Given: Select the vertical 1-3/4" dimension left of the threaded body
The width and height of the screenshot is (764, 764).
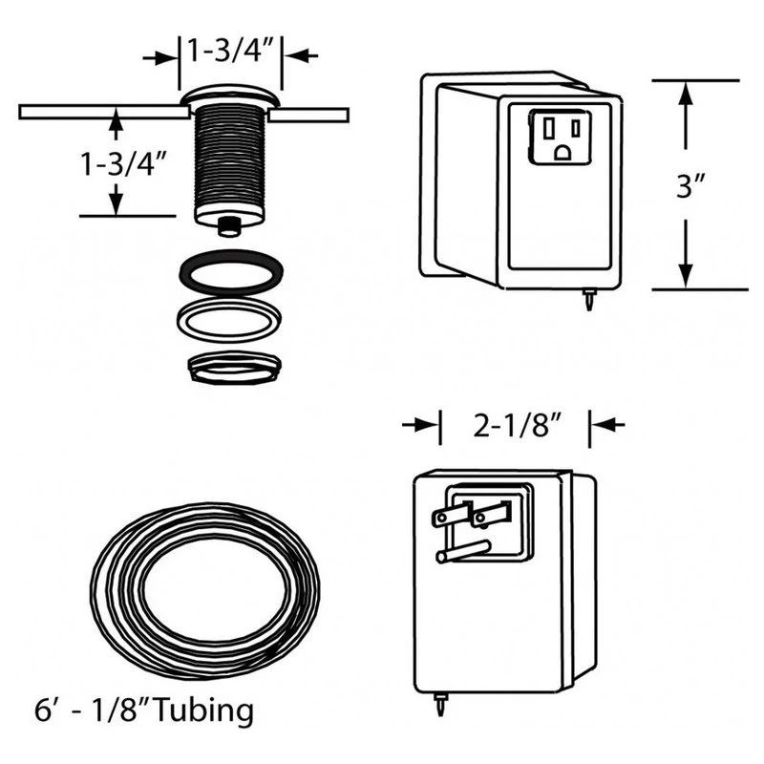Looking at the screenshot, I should tap(123, 163).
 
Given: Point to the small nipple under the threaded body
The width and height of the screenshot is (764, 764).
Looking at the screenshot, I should tap(230, 225).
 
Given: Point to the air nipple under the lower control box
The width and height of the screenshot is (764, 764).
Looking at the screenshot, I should tap(440, 711).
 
